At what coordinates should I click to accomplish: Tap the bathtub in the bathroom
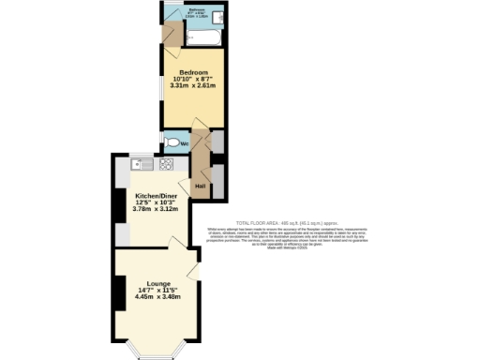tap(202, 37)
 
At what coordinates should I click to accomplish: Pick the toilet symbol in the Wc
tap(170, 143)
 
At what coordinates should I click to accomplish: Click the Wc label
tap(184, 143)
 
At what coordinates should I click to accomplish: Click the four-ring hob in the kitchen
tap(166, 164)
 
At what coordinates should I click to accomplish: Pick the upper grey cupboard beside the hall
tap(217, 142)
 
